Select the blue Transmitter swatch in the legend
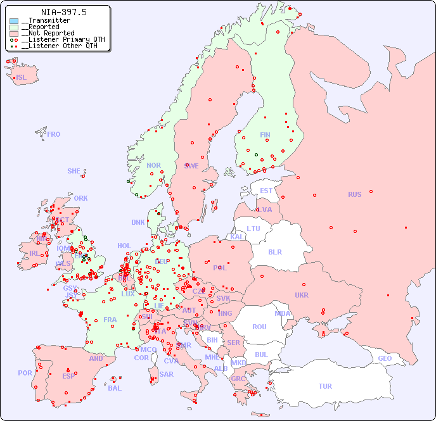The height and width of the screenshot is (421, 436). pos(14,21)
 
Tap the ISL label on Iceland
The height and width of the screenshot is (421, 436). pos(22,78)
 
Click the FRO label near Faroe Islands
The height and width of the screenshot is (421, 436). pos(54,134)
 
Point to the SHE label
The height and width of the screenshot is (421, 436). pos(74,171)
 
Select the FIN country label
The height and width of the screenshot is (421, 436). pos(265,135)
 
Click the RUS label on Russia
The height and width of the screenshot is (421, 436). pos(354,194)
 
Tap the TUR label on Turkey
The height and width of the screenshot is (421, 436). pos(325,386)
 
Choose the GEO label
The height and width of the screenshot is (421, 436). pos(385,358)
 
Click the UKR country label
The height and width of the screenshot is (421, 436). pos(302,295)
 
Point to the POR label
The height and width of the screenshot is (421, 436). pos(25,373)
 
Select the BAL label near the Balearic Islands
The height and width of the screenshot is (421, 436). pos(114,388)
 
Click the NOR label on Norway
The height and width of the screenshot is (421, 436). pos(153,165)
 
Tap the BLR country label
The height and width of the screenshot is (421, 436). pos(275,251)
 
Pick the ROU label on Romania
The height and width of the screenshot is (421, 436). pos(259,327)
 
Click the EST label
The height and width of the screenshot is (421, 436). pos(266,191)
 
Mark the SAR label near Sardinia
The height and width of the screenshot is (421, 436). pos(166,374)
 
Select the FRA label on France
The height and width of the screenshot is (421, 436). pos(110,320)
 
